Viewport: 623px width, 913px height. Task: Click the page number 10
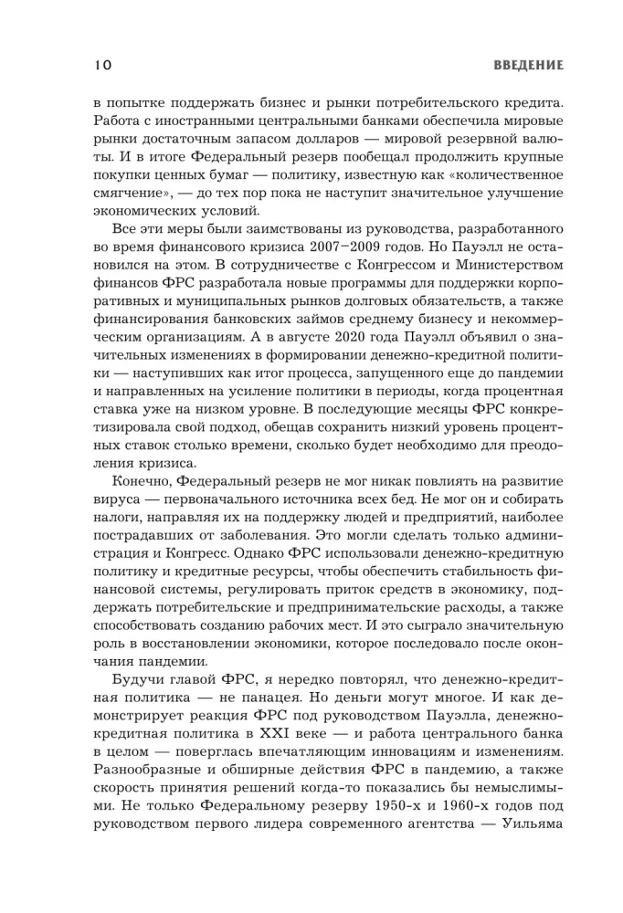pyautogui.click(x=101, y=65)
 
